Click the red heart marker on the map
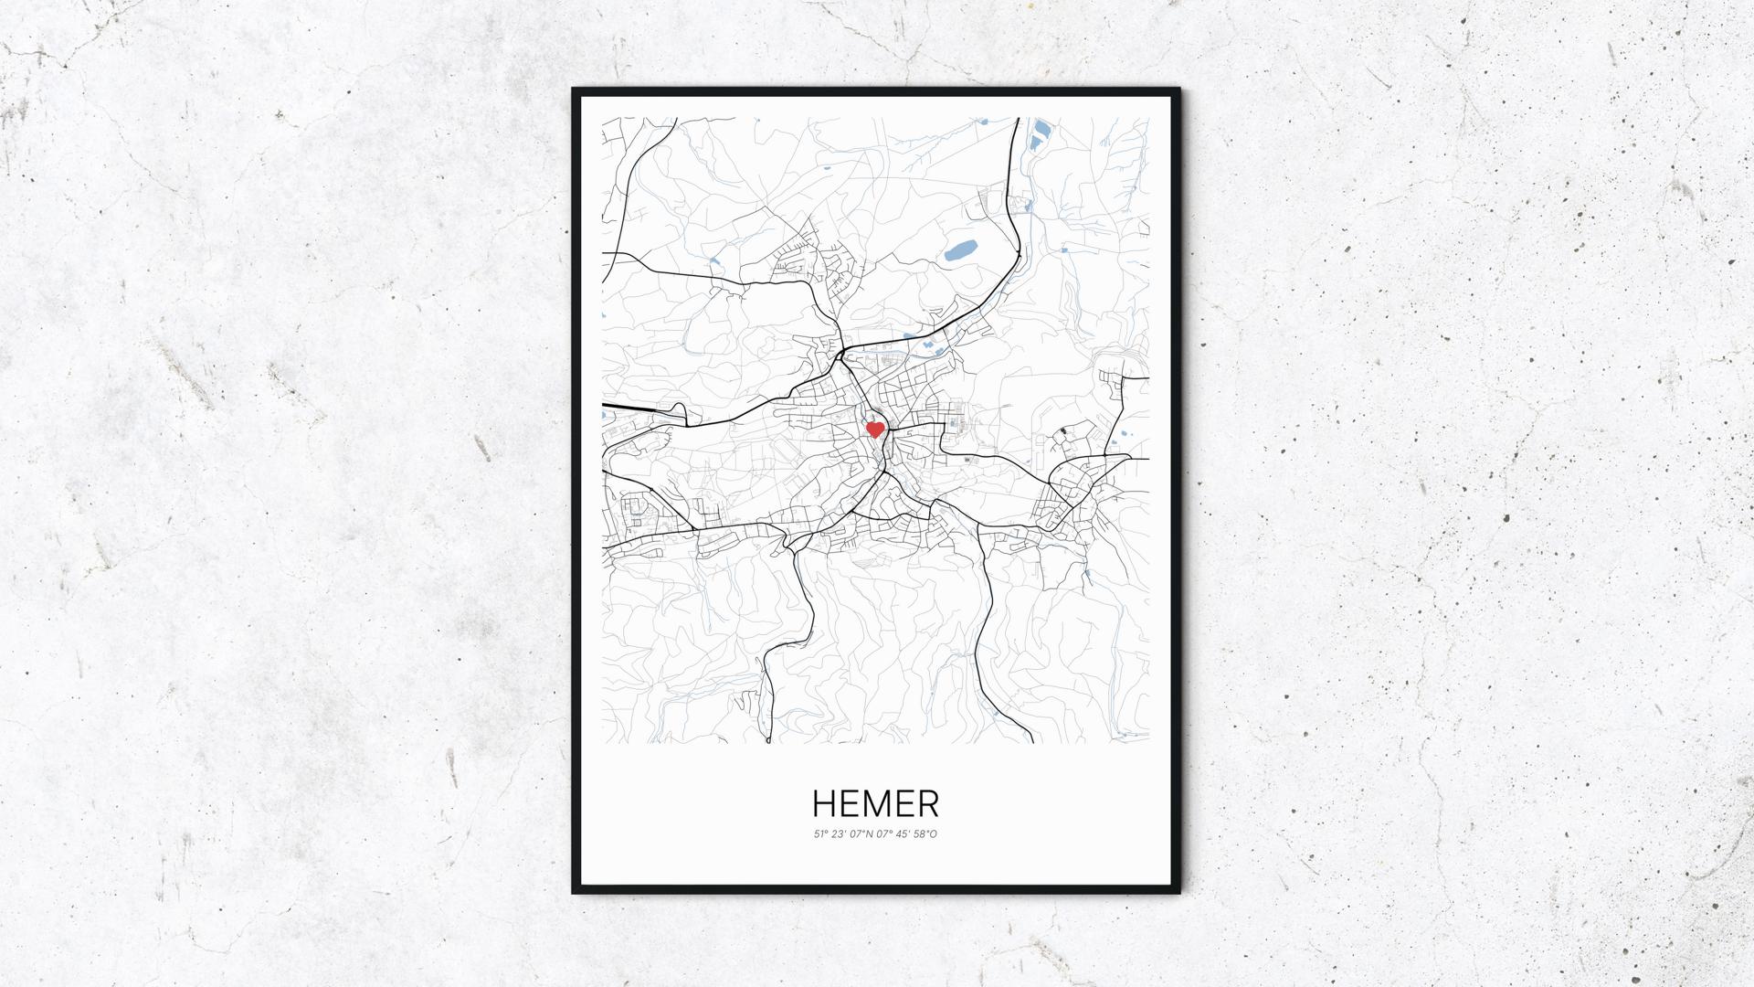pyautogui.click(x=874, y=429)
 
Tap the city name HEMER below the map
pyautogui.click(x=875, y=804)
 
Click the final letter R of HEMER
pyautogui.click(x=928, y=804)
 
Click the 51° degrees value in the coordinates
pyautogui.click(x=819, y=833)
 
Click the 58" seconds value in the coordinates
pyautogui.click(x=919, y=833)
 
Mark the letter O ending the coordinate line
pyautogui.click(x=934, y=833)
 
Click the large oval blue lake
pyautogui.click(x=960, y=249)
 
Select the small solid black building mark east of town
pyautogui.click(x=1064, y=430)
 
